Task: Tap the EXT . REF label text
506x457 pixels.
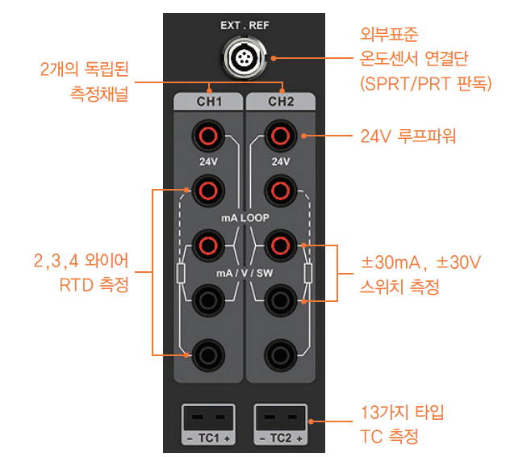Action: click(245, 25)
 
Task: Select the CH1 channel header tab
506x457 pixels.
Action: click(209, 103)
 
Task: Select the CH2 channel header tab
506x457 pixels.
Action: click(280, 103)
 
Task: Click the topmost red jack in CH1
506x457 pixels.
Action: click(209, 135)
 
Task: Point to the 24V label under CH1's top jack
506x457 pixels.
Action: click(209, 161)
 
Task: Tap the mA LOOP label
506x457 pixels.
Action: click(245, 218)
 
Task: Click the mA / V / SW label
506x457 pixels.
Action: click(245, 272)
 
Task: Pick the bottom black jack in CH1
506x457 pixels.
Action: click(209, 353)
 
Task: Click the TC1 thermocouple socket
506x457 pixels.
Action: click(209, 420)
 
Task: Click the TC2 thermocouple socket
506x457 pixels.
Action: click(280, 420)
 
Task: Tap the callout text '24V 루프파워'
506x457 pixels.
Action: click(408, 136)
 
